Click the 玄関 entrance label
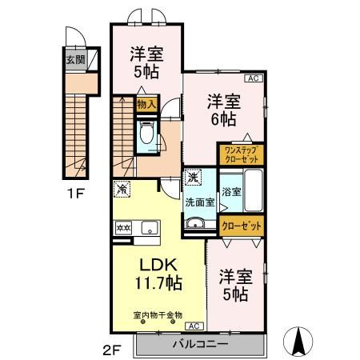click(x=74, y=58)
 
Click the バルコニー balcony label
click(x=201, y=343)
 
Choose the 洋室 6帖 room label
click(x=222, y=110)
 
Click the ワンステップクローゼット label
click(x=242, y=153)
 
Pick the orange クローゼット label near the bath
click(x=242, y=226)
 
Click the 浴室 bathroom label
click(x=231, y=191)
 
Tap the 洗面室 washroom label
click(x=200, y=202)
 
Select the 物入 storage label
click(x=146, y=105)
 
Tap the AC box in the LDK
click(x=194, y=326)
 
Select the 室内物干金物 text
click(x=158, y=314)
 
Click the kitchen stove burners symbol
click(x=124, y=228)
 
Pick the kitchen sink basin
click(x=149, y=229)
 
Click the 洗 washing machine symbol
click(x=193, y=177)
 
